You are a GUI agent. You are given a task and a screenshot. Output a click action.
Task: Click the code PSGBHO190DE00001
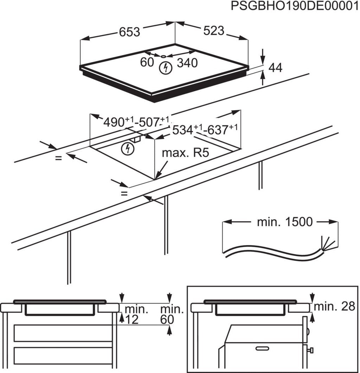click(x=295, y=6)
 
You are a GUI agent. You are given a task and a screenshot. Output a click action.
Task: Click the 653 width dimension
click(x=129, y=32)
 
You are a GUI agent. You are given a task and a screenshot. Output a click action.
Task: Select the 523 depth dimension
click(x=214, y=31)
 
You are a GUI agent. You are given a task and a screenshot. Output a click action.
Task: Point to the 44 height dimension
click(x=275, y=68)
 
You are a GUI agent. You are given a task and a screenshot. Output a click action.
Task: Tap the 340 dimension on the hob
click(x=187, y=63)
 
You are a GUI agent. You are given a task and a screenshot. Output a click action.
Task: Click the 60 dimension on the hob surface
click(x=147, y=62)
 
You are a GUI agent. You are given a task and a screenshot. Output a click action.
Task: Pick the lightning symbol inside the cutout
click(x=128, y=149)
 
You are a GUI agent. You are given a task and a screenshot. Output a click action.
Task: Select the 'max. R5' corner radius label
click(x=185, y=153)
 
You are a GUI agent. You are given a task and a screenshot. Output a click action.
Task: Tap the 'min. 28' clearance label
click(x=334, y=306)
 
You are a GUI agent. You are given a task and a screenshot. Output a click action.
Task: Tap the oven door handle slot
click(x=262, y=348)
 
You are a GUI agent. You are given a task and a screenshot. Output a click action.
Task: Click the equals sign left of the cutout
click(x=58, y=158)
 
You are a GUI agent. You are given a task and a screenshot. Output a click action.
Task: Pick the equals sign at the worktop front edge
click(x=124, y=194)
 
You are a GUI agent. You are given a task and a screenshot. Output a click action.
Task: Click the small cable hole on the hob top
click(x=163, y=56)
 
